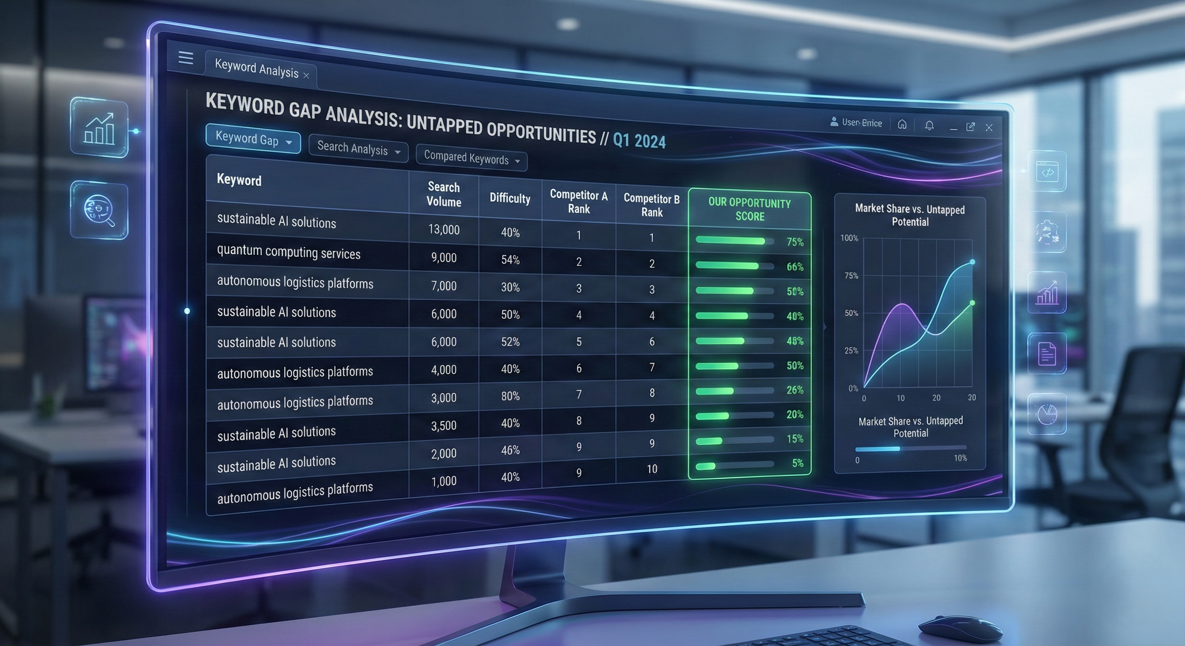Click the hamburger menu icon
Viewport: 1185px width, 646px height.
click(186, 58)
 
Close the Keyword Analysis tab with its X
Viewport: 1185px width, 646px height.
click(306, 75)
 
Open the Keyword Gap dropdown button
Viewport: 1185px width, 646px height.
click(253, 139)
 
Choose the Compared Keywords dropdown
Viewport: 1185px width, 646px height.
click(471, 158)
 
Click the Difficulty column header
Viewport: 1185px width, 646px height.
click(510, 198)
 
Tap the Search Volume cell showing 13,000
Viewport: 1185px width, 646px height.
click(444, 230)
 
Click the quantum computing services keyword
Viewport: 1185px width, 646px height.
click(288, 252)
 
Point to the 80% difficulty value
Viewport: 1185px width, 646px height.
click(510, 396)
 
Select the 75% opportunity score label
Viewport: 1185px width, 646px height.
click(794, 242)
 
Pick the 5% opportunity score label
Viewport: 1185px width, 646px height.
click(797, 463)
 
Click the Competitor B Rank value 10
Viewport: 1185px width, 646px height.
click(652, 469)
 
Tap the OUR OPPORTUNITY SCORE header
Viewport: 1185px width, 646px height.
click(749, 210)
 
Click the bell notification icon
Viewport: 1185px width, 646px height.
click(929, 125)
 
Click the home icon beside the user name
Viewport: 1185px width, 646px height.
click(902, 124)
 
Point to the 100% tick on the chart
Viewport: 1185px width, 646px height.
click(849, 238)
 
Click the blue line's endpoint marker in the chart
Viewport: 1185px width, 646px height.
click(972, 262)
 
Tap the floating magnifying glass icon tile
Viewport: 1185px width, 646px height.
click(99, 210)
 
